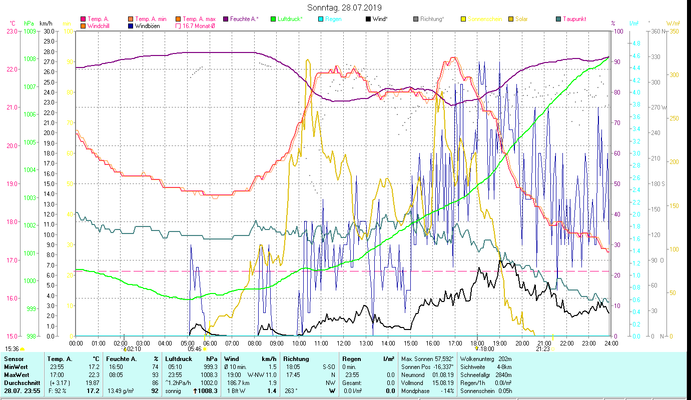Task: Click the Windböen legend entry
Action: pyautogui.click(x=148, y=26)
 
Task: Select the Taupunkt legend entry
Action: pyautogui.click(x=574, y=19)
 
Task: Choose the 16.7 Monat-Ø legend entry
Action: pyautogui.click(x=200, y=26)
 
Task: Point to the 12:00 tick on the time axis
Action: pyautogui.click(x=344, y=343)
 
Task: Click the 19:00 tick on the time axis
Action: pyautogui.click(x=500, y=343)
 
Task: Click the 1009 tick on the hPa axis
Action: pyautogui.click(x=29, y=31)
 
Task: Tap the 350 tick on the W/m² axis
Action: pyautogui.click(x=673, y=31)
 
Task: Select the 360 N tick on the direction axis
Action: pyautogui.click(x=658, y=31)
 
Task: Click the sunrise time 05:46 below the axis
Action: pyautogui.click(x=195, y=349)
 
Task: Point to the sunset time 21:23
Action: pyautogui.click(x=542, y=349)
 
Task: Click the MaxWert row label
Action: pyautogui.click(x=16, y=374)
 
